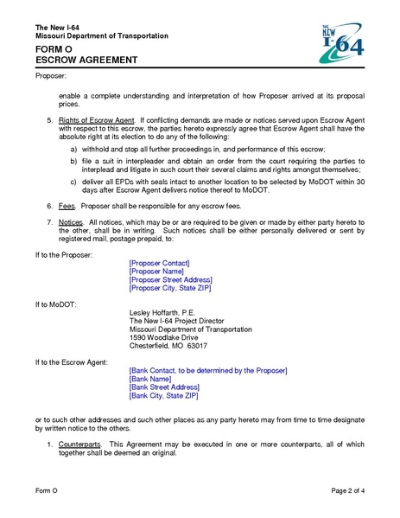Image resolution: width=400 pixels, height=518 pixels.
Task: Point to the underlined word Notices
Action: point(73,223)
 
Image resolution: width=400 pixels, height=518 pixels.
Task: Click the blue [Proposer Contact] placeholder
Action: point(159,262)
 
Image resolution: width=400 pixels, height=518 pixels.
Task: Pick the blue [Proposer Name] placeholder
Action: point(156,272)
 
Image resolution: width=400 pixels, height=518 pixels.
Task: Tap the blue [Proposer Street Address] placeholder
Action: point(170,280)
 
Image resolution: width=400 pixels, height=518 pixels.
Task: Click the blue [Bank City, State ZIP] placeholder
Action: point(163,397)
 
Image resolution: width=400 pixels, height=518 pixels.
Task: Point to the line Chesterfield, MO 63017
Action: point(168,347)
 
